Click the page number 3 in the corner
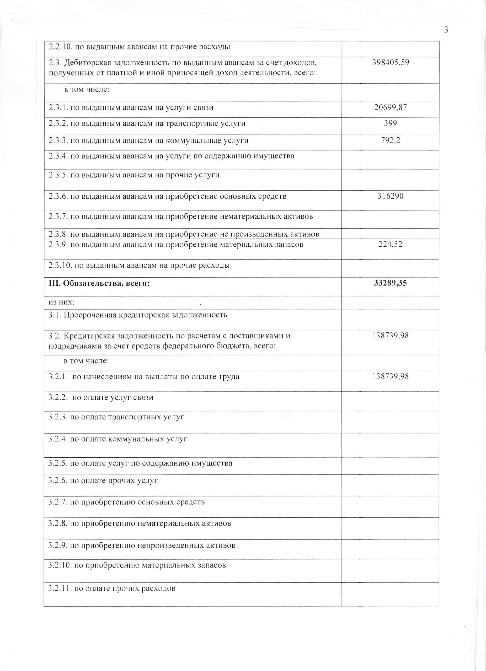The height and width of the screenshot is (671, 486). coord(446,30)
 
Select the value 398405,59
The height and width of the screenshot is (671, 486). coord(390,63)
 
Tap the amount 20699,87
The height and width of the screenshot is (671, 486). coord(390,108)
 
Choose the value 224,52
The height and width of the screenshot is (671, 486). coord(390,244)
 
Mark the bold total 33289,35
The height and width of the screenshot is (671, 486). coord(390,283)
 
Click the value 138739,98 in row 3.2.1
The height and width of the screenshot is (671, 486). coord(390,377)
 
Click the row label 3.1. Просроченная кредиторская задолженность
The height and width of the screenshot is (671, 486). coord(138,315)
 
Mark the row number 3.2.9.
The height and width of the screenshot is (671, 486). coord(58,545)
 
